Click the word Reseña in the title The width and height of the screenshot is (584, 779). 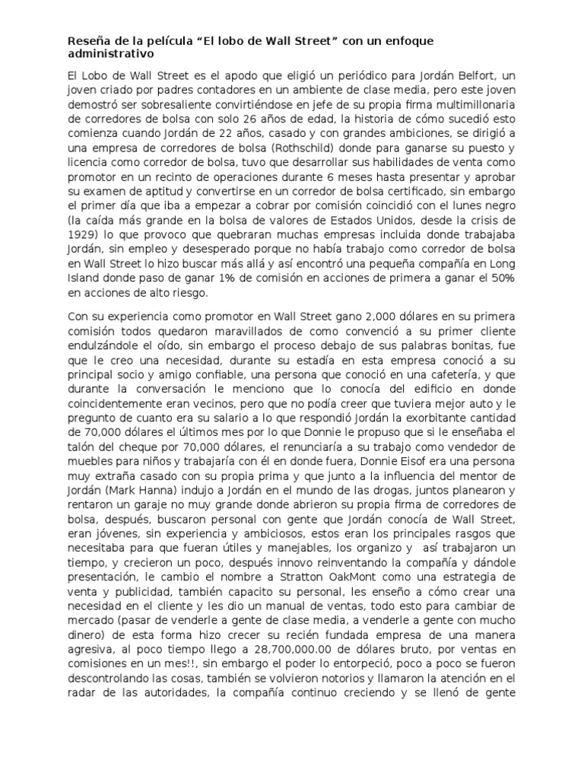(88, 40)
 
